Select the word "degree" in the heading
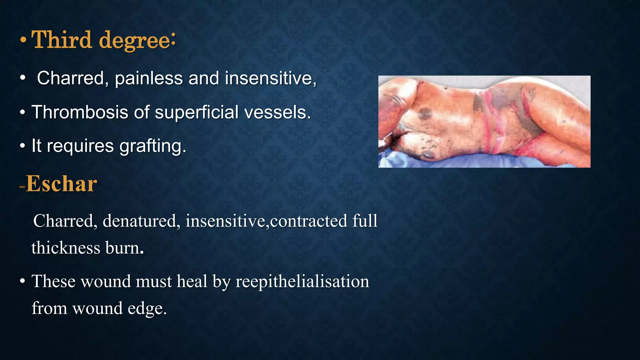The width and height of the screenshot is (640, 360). coord(135,41)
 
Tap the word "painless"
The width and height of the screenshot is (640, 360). coord(149,78)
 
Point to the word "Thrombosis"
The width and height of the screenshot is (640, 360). coord(80,112)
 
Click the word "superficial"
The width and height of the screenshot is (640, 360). coord(197,112)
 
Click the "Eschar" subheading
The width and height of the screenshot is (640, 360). coord(61,184)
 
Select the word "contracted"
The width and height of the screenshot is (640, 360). coord(308,221)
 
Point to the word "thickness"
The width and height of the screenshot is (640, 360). coord(66,248)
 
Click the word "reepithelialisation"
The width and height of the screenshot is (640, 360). coord(302,281)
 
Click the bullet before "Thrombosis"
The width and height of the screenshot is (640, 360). coord(22,112)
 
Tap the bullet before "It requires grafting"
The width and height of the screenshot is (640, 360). coord(22,146)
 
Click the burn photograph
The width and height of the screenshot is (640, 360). coord(484,122)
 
